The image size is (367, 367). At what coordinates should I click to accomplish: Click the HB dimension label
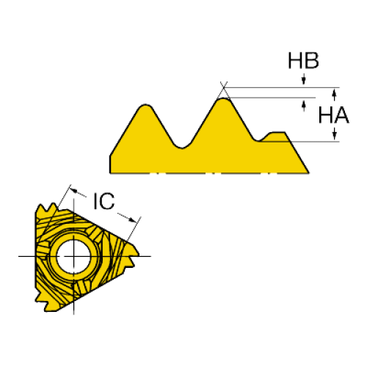click(303, 60)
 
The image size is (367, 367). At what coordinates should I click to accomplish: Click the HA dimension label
click(334, 115)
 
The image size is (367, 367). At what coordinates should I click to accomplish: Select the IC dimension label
click(104, 201)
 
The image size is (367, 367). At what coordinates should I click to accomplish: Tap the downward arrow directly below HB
click(304, 79)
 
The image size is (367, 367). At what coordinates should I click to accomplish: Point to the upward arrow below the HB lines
click(304, 106)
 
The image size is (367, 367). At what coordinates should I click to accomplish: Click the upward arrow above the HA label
click(335, 95)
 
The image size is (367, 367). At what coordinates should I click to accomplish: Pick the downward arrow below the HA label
click(335, 134)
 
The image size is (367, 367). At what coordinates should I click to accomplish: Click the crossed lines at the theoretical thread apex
click(224, 87)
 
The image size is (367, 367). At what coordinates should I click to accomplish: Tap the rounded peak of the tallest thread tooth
click(223, 99)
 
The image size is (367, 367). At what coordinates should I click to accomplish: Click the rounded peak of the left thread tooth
click(145, 105)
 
